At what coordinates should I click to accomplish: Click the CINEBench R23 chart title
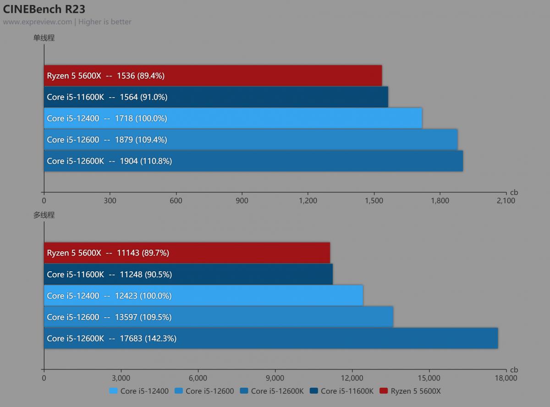click(x=44, y=9)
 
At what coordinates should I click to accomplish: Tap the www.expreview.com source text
click(x=38, y=22)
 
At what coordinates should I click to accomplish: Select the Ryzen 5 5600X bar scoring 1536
click(x=213, y=76)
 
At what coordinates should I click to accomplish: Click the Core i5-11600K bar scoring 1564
click(x=216, y=97)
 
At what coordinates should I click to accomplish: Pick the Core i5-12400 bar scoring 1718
click(x=233, y=118)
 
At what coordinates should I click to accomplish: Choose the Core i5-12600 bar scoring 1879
click(x=251, y=140)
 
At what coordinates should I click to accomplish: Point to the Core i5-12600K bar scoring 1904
click(x=253, y=161)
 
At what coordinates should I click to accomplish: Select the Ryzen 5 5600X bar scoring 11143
click(x=187, y=253)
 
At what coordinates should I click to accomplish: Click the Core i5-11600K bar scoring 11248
click(x=188, y=274)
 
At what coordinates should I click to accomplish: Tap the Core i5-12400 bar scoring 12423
click(x=203, y=296)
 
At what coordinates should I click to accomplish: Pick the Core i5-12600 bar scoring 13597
click(x=219, y=317)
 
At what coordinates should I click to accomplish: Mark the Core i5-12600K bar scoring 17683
click(x=271, y=338)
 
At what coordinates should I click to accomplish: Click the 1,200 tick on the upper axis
click(x=308, y=200)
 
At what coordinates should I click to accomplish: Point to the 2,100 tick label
click(x=506, y=200)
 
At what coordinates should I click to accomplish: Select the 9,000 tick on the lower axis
click(x=275, y=378)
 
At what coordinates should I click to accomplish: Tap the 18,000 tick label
click(x=506, y=378)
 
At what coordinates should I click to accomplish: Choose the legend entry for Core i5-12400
click(x=139, y=391)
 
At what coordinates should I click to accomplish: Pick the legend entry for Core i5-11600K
click(x=342, y=391)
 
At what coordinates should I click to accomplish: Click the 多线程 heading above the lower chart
click(x=44, y=215)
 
